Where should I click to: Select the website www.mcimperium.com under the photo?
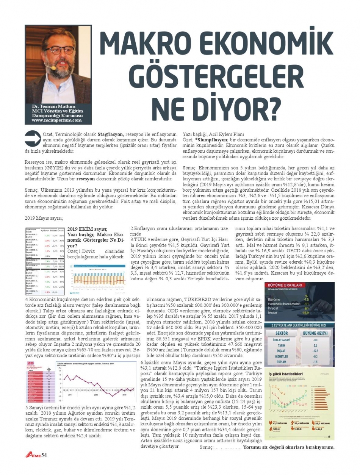tap(56, 120)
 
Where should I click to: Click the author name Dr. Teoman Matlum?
tap(54, 106)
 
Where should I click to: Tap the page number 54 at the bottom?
tap(44, 455)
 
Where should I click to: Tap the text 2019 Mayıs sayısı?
tap(44, 218)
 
